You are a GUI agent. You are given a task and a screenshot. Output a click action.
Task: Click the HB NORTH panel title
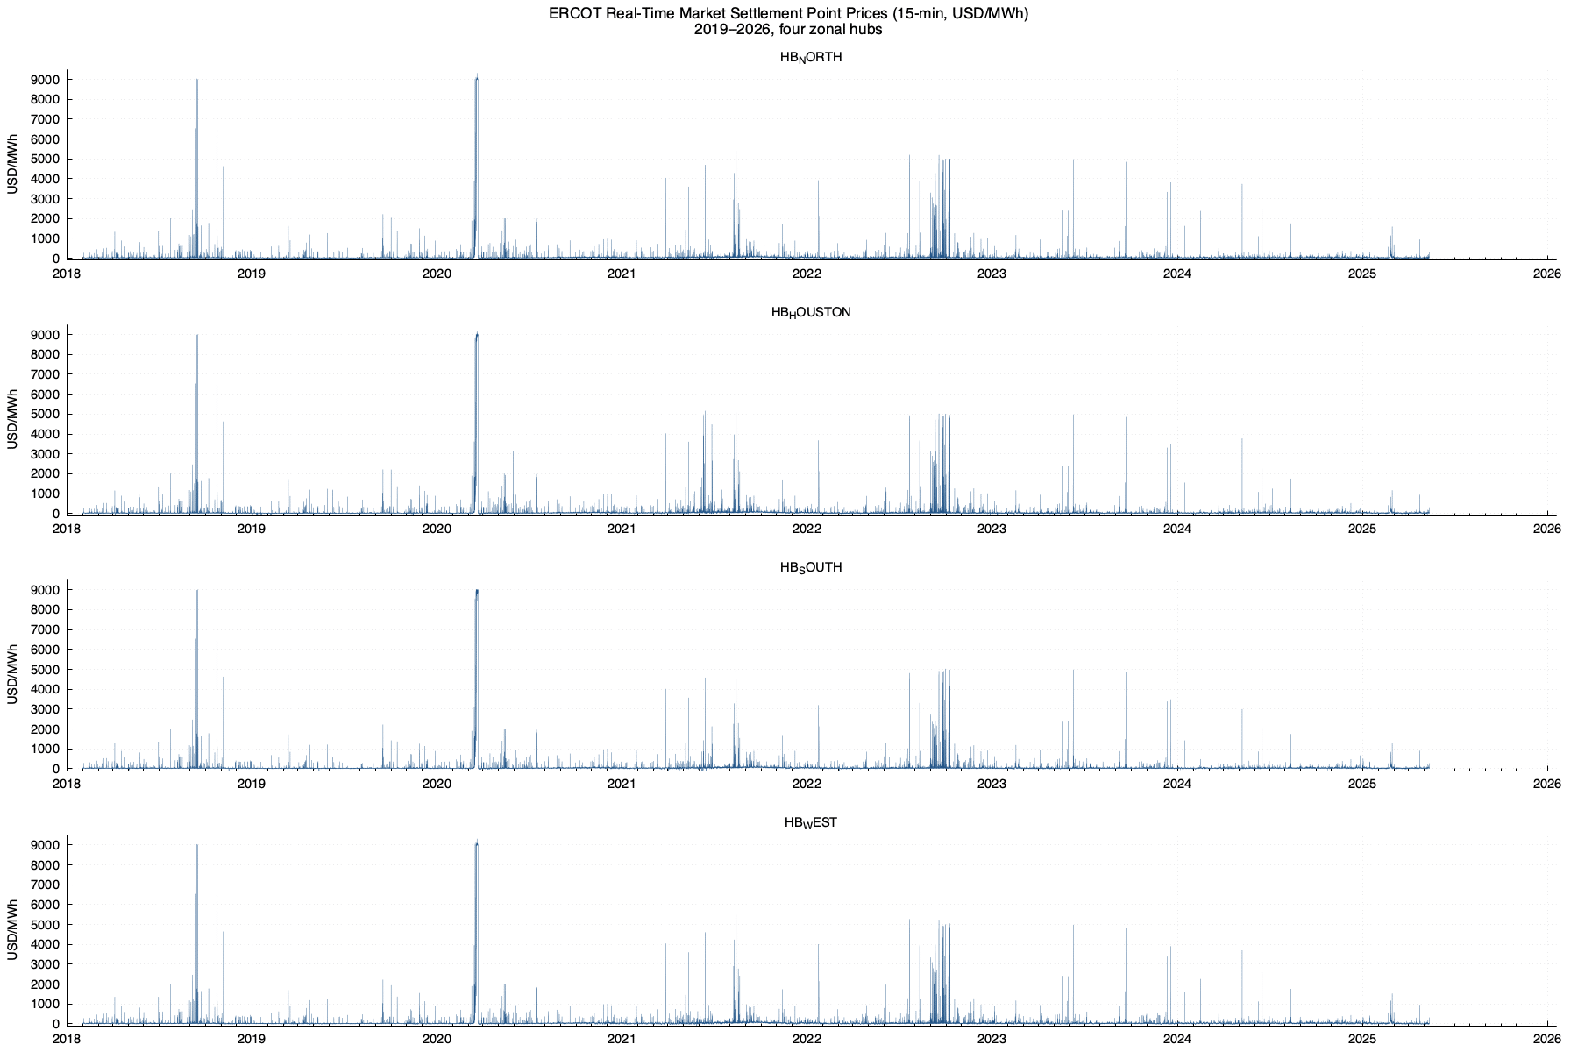[811, 58]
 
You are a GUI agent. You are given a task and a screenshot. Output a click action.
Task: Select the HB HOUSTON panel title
[811, 313]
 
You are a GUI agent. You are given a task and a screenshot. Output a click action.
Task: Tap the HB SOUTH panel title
[811, 568]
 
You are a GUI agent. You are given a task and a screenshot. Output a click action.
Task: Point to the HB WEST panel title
[811, 823]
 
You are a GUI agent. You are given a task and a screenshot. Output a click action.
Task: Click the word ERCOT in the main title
[575, 13]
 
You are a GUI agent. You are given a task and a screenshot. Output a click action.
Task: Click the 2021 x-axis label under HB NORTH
[622, 274]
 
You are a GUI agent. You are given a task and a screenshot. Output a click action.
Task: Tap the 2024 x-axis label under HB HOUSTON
[1176, 529]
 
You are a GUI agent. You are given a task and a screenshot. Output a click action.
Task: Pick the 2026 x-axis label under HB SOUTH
[1546, 784]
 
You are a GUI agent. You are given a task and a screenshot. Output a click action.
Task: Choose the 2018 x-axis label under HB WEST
[67, 1039]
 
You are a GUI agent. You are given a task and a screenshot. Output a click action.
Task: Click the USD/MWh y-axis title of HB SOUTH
[12, 673]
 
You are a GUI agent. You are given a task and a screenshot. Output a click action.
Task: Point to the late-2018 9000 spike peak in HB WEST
[197, 846]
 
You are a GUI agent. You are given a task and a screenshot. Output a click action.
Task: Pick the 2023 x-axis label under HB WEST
[992, 1039]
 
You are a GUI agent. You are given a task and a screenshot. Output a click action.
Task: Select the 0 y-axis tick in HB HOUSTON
[56, 514]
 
